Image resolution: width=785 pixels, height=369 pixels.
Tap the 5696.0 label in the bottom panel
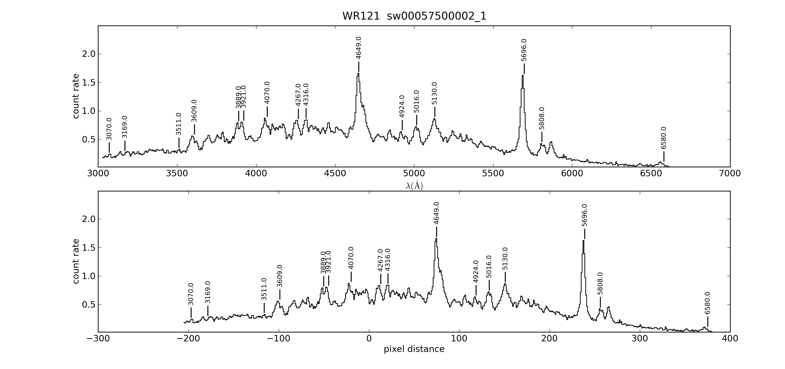[x=584, y=215]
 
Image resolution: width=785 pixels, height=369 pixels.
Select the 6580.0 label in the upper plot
[x=664, y=138]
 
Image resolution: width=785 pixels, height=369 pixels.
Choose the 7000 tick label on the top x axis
[x=730, y=173]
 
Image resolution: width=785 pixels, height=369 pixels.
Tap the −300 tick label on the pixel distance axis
[x=98, y=339]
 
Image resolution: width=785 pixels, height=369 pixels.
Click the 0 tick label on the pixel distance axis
[x=369, y=339]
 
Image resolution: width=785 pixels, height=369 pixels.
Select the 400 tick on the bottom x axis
[x=730, y=339]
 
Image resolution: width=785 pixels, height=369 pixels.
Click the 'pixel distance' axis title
[x=414, y=349]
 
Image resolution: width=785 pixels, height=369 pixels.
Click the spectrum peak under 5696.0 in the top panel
[x=523, y=76]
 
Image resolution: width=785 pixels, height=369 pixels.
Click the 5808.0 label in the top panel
[x=541, y=118]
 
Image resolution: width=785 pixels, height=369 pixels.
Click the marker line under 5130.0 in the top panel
[x=435, y=112]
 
